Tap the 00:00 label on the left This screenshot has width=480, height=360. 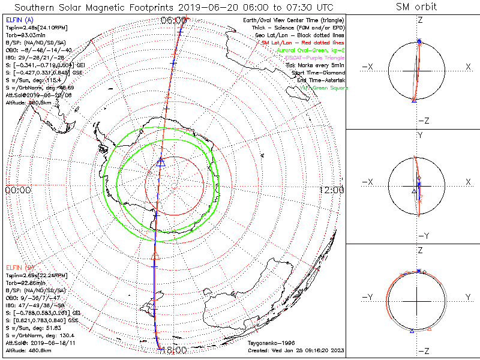pyautogui.click(x=18, y=190)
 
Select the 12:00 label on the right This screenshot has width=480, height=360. pyautogui.click(x=331, y=190)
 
